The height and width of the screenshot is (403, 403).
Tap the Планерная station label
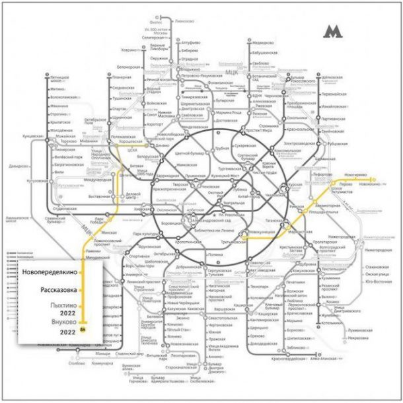pos(121,78)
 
